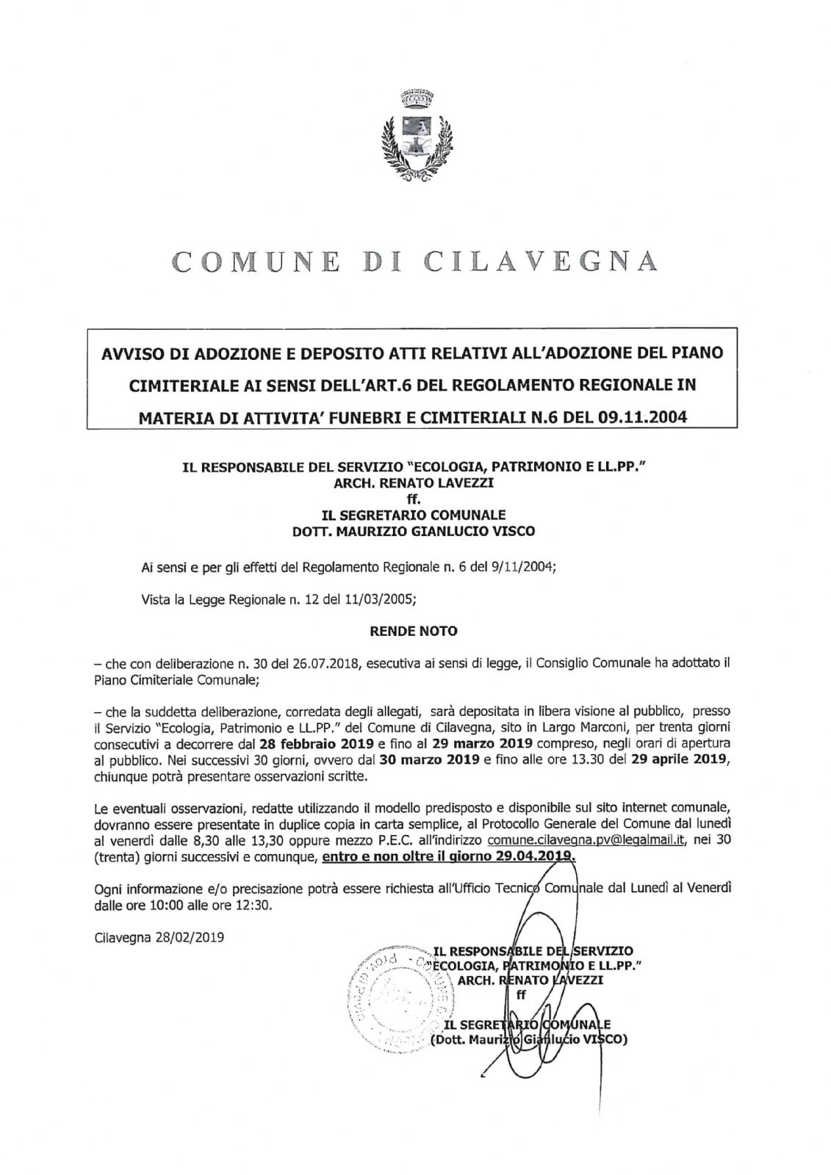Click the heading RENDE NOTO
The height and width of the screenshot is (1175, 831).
[x=412, y=631]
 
